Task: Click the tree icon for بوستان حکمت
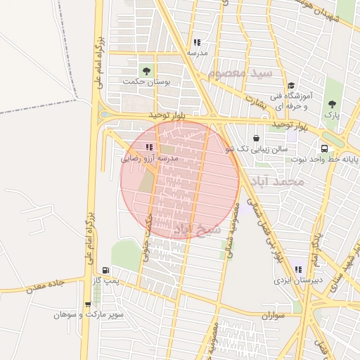(146, 71)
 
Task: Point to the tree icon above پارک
(332, 104)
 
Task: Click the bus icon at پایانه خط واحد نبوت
(324, 148)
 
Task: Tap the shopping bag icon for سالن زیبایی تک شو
(255, 138)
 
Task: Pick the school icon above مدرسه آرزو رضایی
(148, 147)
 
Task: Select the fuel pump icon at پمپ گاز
(106, 269)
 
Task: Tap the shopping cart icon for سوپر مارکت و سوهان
(87, 304)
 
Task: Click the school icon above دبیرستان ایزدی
(299, 269)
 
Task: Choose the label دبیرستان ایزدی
(298, 280)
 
